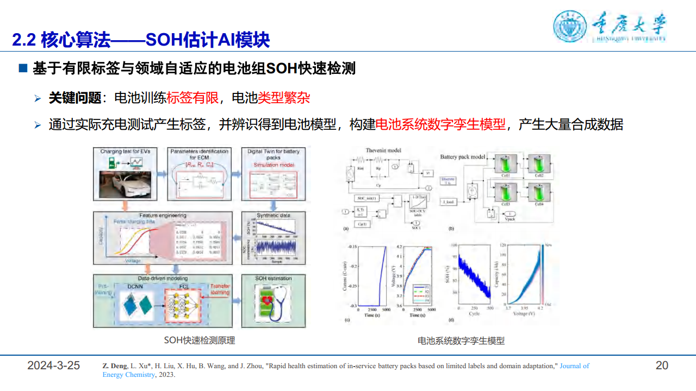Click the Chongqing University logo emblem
click(x=570, y=26)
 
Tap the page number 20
click(x=662, y=365)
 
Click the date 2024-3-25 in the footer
click(x=54, y=365)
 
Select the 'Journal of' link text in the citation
click(x=574, y=366)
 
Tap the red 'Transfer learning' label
click(x=219, y=288)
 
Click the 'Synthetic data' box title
click(x=273, y=215)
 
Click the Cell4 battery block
click(x=539, y=193)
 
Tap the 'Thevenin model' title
click(x=383, y=150)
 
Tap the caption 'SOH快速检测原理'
click(x=200, y=340)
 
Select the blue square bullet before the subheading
click(x=23, y=68)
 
